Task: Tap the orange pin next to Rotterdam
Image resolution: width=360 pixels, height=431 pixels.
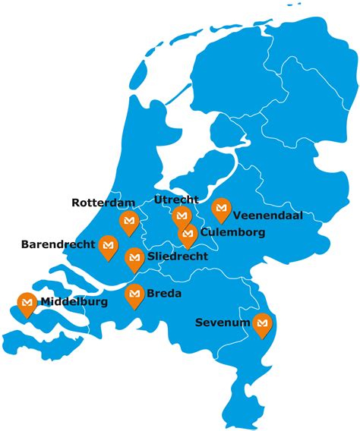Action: tap(129, 221)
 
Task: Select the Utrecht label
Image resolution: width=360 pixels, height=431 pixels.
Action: tap(175, 200)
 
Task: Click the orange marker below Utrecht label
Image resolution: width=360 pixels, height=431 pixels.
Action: tap(182, 215)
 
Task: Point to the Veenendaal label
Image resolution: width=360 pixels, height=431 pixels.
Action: tap(267, 215)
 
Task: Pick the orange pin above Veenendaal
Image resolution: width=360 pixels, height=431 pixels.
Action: tap(221, 206)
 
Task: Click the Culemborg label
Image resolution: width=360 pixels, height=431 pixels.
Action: tap(233, 232)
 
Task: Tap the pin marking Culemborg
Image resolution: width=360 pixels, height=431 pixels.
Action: tap(188, 234)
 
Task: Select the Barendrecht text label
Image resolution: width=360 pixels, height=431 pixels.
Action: tap(58, 244)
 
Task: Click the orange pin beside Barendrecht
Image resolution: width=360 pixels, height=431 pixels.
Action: tap(109, 245)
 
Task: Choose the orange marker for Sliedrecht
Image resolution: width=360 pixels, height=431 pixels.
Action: tap(134, 257)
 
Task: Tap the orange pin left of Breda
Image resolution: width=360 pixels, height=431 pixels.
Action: tap(134, 294)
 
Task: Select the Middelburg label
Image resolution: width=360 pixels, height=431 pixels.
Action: tap(75, 302)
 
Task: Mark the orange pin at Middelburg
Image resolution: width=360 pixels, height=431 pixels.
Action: tap(27, 303)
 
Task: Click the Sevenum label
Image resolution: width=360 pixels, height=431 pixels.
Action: tap(221, 323)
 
